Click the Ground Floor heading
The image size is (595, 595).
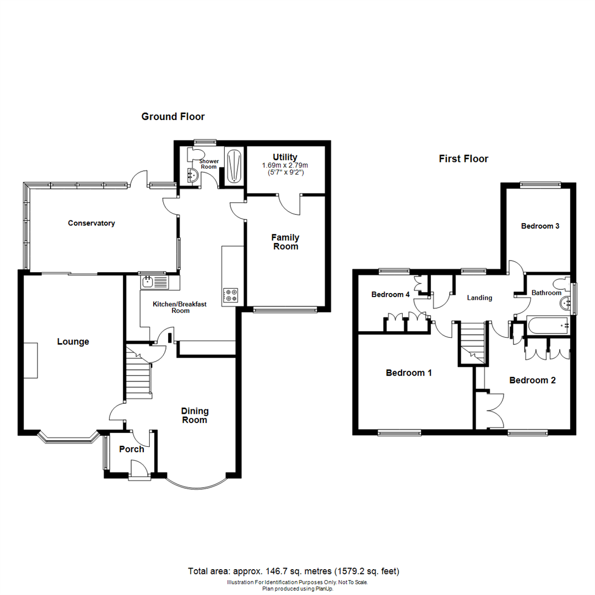[173, 117]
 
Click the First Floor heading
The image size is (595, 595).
[463, 159]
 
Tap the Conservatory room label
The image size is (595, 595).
[91, 223]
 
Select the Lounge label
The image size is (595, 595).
[73, 342]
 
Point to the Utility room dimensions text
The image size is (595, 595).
[284, 169]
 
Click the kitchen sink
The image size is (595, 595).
[148, 283]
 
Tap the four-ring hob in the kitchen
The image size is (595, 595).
[230, 295]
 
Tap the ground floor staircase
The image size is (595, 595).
[138, 375]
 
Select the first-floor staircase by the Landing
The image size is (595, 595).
[472, 343]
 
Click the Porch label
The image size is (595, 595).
[132, 449]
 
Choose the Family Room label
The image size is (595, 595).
[285, 242]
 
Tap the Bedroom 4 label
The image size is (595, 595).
[390, 295]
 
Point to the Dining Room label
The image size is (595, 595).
[195, 415]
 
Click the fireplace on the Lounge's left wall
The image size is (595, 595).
[31, 360]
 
